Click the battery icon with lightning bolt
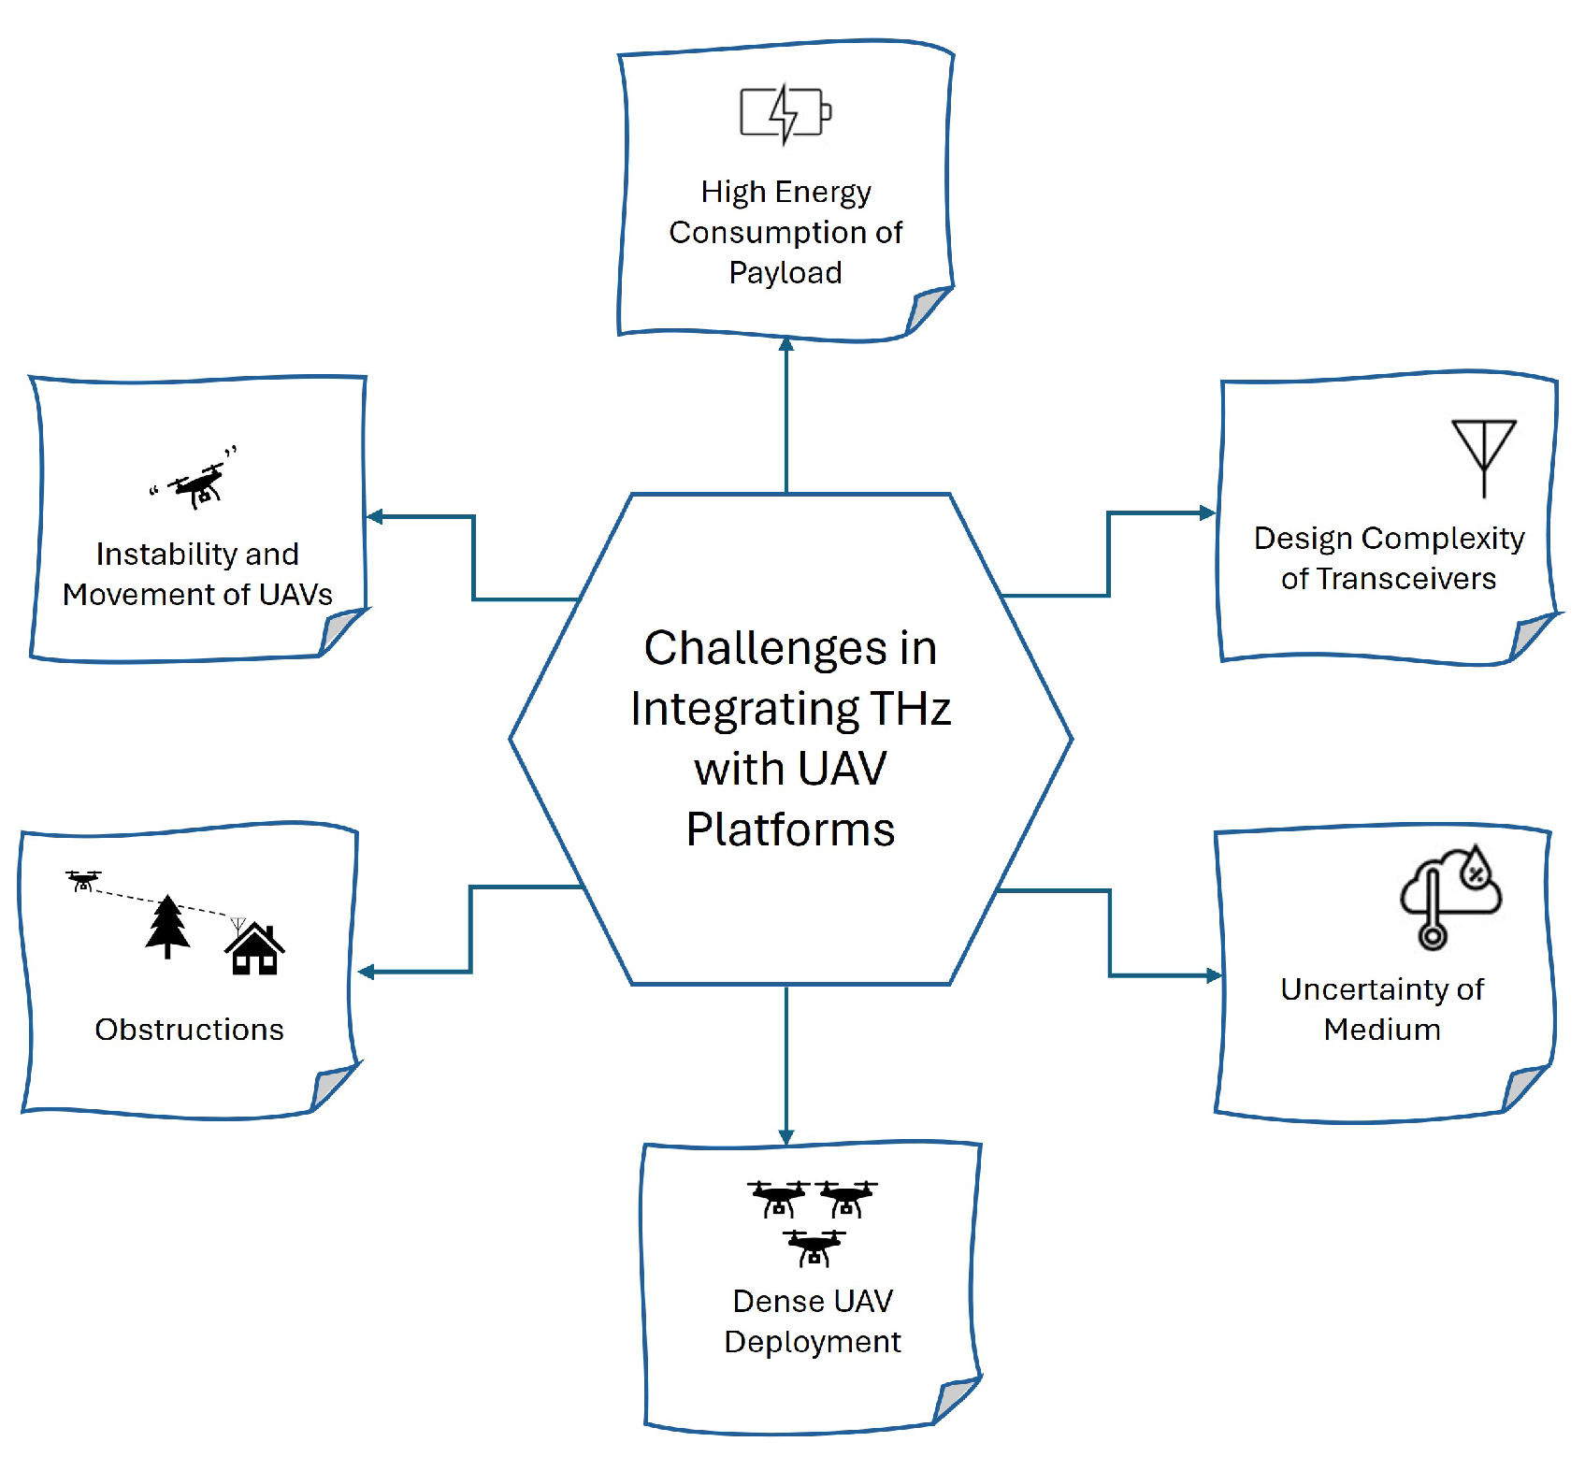tap(785, 114)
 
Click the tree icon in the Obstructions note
tap(167, 926)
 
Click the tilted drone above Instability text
tap(198, 483)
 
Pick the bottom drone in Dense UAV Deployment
tap(814, 1247)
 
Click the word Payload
tap(785, 272)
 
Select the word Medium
tap(1381, 1030)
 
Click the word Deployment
tap(812, 1342)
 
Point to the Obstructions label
tap(189, 1030)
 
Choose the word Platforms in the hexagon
tap(790, 829)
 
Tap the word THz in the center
tap(910, 709)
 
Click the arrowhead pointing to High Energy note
tap(786, 344)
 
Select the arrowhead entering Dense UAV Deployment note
tap(786, 1136)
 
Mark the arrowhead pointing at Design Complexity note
tap(1207, 512)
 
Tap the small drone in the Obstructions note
tap(83, 880)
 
